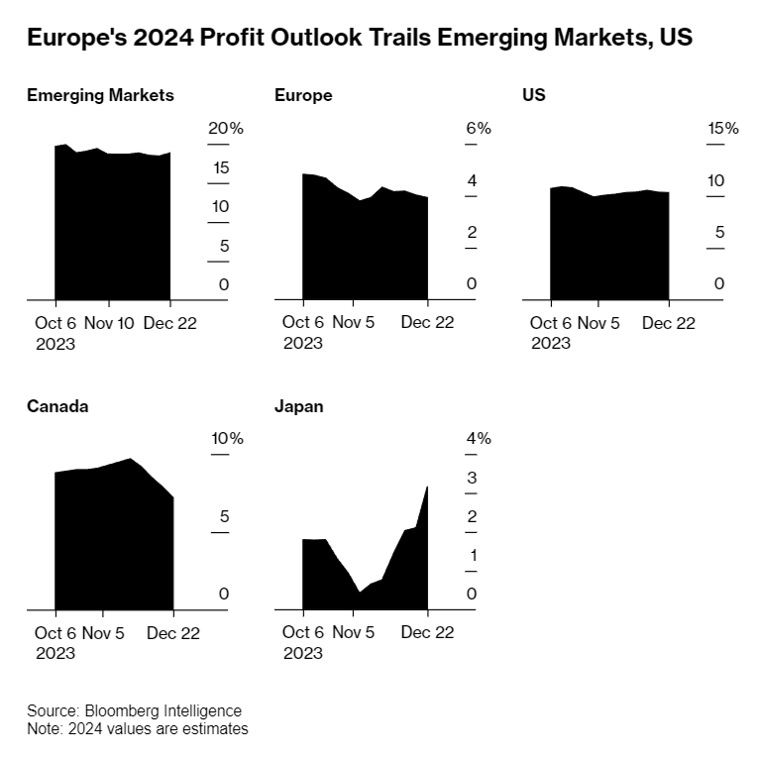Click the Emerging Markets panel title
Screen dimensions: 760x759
(100, 95)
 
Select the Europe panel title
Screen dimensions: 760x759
(303, 95)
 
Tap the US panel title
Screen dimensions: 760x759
(534, 95)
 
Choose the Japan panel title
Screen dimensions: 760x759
(299, 406)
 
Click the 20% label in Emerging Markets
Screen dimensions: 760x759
(225, 129)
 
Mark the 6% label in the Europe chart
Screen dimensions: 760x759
(479, 129)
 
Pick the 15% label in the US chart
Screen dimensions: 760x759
(722, 129)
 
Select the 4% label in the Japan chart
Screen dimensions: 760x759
(479, 439)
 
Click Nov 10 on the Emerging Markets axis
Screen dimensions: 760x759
(109, 323)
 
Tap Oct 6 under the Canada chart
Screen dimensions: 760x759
(55, 633)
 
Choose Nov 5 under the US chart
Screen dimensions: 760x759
(598, 323)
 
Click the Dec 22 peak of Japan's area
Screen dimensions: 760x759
(427, 488)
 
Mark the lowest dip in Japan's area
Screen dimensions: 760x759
(360, 592)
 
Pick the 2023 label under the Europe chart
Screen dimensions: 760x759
(302, 343)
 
